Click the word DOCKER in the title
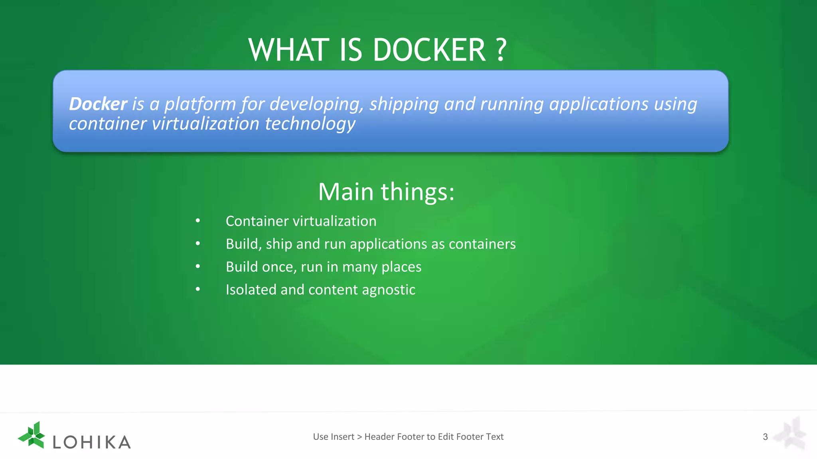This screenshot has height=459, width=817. click(429, 50)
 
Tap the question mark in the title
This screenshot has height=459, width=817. click(501, 50)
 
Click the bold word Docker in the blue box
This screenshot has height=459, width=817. click(98, 104)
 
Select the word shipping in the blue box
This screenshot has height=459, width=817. click(404, 104)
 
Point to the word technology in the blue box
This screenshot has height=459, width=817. click(310, 124)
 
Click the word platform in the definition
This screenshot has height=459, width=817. click(200, 104)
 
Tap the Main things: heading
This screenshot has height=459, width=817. click(386, 192)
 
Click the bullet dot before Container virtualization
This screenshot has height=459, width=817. click(198, 221)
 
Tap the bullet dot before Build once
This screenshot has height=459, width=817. click(198, 266)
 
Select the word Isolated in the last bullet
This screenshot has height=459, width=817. click(251, 290)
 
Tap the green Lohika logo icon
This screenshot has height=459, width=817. click(32, 435)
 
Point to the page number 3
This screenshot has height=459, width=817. click(765, 437)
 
